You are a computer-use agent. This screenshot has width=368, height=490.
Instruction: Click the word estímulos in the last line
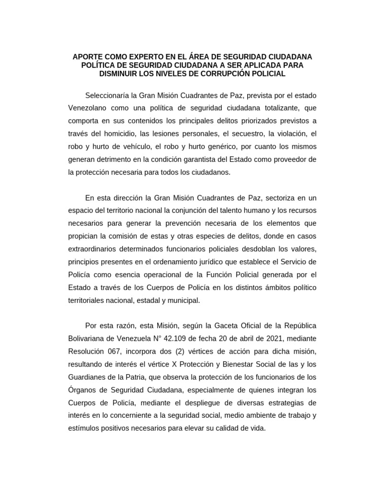click(84, 429)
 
